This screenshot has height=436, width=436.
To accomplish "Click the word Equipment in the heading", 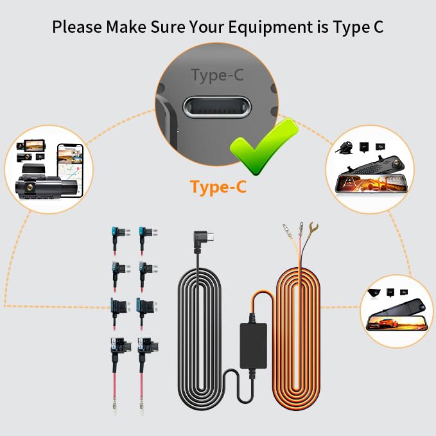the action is coord(270,28).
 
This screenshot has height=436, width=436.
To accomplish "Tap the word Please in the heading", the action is coord(77,27).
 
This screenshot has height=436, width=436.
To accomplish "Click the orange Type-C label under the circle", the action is coord(218,187).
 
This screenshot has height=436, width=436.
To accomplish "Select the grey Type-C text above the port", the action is coord(218,75).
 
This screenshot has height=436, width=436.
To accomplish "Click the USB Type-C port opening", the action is coord(217,107).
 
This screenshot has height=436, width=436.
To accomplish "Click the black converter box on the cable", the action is coord(253,345).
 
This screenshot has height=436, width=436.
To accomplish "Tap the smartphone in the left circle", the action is coord(71,170).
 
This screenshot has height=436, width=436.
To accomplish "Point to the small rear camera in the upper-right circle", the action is coord(345,147).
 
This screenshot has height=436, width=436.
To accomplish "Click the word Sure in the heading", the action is coord(168,27).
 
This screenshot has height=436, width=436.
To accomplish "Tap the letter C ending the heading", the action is coord(377,27).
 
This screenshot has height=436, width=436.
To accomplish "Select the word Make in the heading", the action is coord(126,27).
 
